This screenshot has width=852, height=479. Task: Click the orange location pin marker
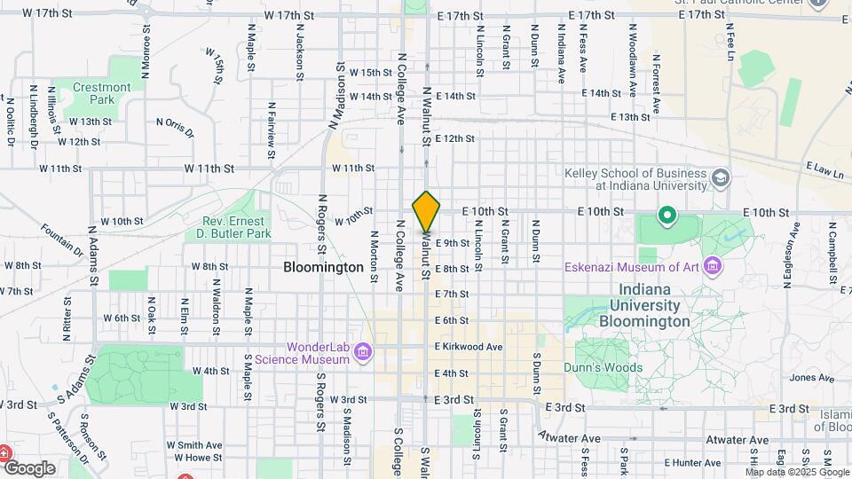tap(427, 211)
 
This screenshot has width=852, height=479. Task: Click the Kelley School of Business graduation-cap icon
tap(721, 178)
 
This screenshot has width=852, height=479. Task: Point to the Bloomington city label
tap(323, 267)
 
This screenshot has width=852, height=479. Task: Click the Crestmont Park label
tap(102, 93)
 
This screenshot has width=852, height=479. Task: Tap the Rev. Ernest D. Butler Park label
tap(233, 228)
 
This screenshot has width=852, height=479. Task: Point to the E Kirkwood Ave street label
tap(469, 347)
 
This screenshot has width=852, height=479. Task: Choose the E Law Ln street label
tap(824, 169)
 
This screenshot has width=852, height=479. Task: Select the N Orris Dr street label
tap(175, 128)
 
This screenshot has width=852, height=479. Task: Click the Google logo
tap(29, 467)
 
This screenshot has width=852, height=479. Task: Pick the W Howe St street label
tap(196, 458)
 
